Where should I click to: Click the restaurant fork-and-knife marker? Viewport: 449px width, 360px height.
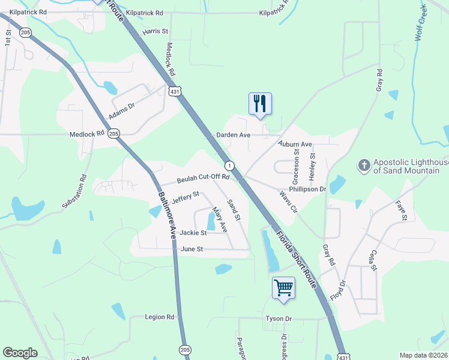click(x=260, y=104)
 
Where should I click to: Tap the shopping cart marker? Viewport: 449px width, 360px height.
click(x=283, y=287)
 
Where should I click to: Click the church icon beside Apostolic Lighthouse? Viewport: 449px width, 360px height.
click(x=363, y=165)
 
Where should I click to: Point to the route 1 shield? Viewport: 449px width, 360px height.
click(x=229, y=165)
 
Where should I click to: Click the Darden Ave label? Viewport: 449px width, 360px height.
click(x=237, y=136)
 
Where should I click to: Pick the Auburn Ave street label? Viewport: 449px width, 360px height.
click(x=295, y=145)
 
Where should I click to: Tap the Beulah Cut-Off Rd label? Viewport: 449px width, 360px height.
click(x=203, y=178)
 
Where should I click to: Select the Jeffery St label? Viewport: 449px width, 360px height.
click(x=185, y=196)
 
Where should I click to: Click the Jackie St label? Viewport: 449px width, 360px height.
click(x=193, y=233)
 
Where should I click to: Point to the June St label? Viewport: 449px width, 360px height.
click(x=192, y=249)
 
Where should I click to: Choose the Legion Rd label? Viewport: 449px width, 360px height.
click(x=160, y=317)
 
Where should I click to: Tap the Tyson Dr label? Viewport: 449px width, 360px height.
click(x=279, y=319)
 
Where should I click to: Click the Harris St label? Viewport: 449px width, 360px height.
click(x=155, y=31)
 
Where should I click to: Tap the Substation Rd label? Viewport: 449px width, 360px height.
click(x=74, y=191)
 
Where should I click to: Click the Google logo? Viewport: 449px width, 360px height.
click(x=20, y=353)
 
